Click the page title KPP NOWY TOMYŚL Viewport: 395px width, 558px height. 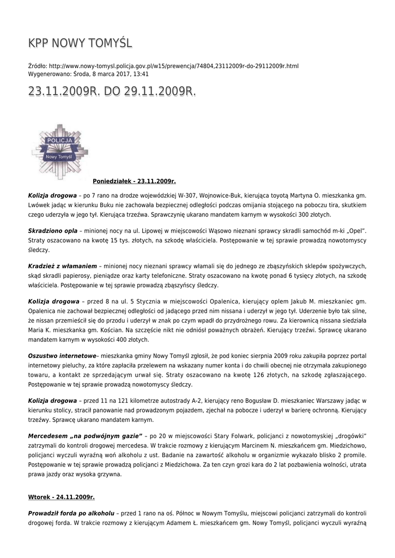(x=80, y=43)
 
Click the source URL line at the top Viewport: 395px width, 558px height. (x=163, y=66)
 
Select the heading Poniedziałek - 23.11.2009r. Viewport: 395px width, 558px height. (x=135, y=180)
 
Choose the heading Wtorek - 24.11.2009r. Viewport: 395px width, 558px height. (x=62, y=497)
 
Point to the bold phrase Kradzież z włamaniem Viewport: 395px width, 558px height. (x=62, y=267)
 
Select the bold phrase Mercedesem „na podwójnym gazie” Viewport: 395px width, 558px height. (x=85, y=436)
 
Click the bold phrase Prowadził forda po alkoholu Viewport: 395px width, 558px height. (x=71, y=513)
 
